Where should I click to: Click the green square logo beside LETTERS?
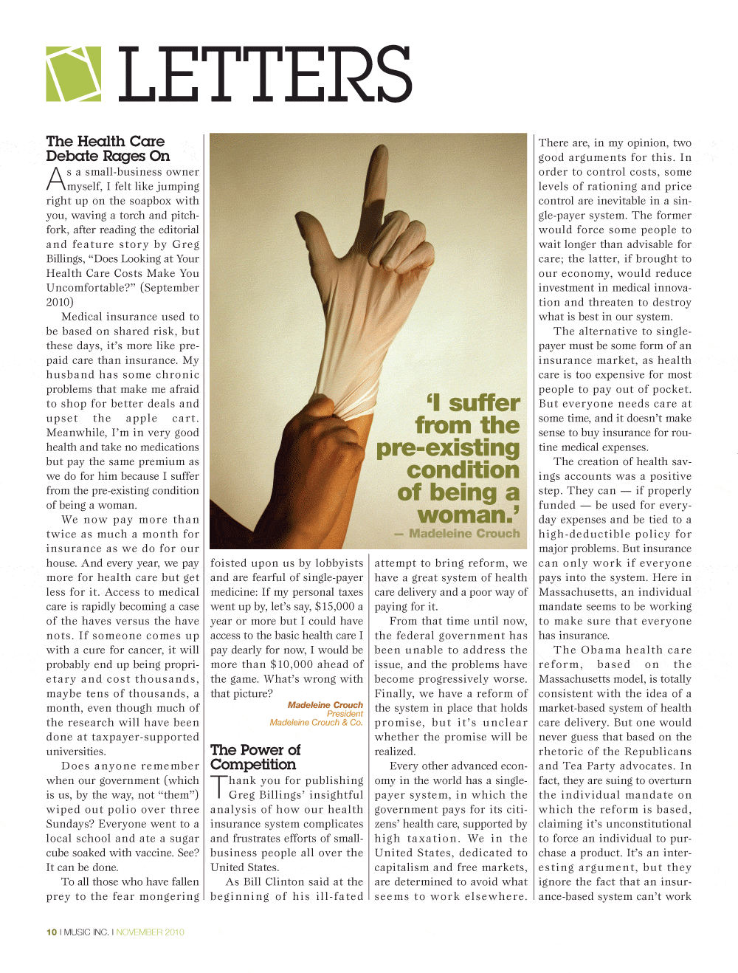point(74,74)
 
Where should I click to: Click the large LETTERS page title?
point(264,74)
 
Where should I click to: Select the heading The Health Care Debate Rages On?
point(108,148)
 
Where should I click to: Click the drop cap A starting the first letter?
point(56,179)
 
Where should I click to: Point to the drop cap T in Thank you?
point(218,787)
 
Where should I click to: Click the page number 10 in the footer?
point(52,932)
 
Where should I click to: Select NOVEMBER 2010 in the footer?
point(151,932)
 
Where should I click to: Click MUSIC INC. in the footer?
point(86,932)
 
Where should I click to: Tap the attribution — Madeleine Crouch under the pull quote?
point(458,533)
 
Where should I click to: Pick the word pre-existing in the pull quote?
point(448,447)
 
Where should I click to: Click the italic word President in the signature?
point(345,713)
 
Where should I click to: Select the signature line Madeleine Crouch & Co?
point(316,722)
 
